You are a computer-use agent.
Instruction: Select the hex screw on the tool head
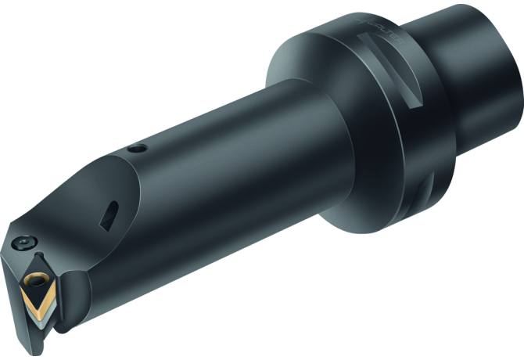[x=28, y=239]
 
